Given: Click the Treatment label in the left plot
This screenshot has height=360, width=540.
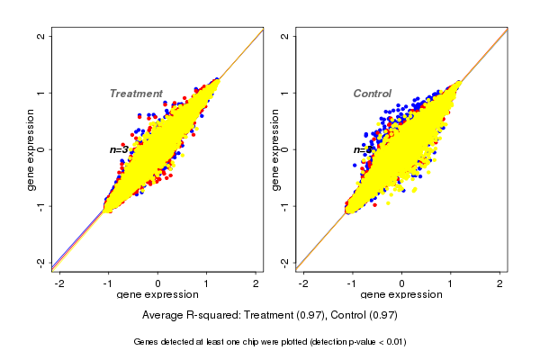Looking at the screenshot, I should point(136,94).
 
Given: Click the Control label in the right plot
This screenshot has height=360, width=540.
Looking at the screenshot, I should point(372,94).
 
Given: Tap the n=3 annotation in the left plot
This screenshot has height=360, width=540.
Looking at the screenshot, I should point(119,149).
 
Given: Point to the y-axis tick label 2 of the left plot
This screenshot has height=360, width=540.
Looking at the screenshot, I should point(42,37).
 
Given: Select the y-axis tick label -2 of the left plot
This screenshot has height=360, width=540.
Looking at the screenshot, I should point(42,262).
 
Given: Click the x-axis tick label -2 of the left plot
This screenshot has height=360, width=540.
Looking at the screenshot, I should point(60,283).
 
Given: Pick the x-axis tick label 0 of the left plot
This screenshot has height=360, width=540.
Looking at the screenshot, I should point(158,283).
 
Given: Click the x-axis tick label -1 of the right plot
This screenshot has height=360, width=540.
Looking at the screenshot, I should point(353,283).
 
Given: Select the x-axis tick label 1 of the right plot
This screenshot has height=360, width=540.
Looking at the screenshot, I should point(451,283).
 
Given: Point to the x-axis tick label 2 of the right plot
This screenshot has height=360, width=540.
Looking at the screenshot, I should point(500,283).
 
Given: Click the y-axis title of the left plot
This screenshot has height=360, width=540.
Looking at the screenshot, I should point(31,149).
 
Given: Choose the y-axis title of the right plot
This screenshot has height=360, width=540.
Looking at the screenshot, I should point(274,149).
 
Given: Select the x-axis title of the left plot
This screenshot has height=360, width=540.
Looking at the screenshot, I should point(157,295).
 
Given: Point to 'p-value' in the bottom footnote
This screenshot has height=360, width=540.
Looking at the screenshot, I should point(350,342).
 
